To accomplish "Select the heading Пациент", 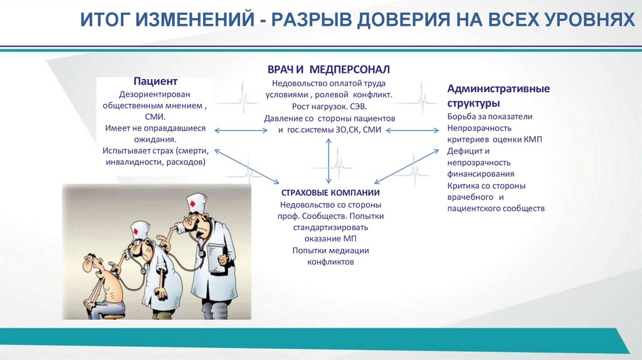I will pyautogui.click(x=155, y=81).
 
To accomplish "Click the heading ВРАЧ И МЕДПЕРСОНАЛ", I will pyautogui.click(x=329, y=68).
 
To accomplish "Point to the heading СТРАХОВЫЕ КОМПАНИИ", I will pyautogui.click(x=330, y=192).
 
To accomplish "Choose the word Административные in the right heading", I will pyautogui.click(x=498, y=88).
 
